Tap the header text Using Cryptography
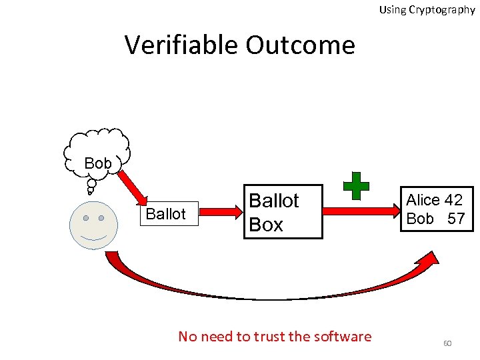click(x=427, y=9)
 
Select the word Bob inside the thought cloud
click(x=98, y=163)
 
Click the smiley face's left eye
click(x=86, y=218)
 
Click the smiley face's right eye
click(x=101, y=218)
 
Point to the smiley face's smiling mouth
click(x=93, y=237)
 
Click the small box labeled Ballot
click(x=165, y=214)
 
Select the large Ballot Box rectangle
click(x=283, y=212)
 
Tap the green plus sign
click(x=356, y=186)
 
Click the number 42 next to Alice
click(x=453, y=200)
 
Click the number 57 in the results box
click(x=456, y=219)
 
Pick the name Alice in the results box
click(x=424, y=200)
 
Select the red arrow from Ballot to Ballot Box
click(x=221, y=212)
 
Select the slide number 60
click(x=447, y=343)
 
